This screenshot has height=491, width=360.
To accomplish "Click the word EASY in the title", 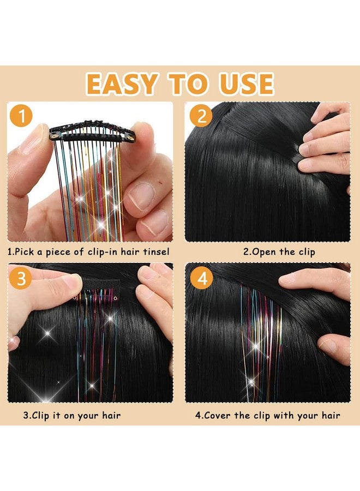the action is click(121, 83).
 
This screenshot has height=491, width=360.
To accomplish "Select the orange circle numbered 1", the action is click(21, 116).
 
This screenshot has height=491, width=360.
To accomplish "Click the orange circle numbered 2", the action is click(201, 116).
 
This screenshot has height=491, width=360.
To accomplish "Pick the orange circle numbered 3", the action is click(21, 278).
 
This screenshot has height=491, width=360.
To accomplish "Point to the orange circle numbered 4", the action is click(202, 278).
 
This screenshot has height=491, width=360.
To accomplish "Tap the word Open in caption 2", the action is click(264, 252).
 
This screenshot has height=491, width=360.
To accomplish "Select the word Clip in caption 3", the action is click(41, 416).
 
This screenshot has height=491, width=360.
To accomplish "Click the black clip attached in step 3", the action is click(98, 288).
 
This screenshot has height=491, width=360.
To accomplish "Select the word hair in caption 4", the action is click(331, 416).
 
